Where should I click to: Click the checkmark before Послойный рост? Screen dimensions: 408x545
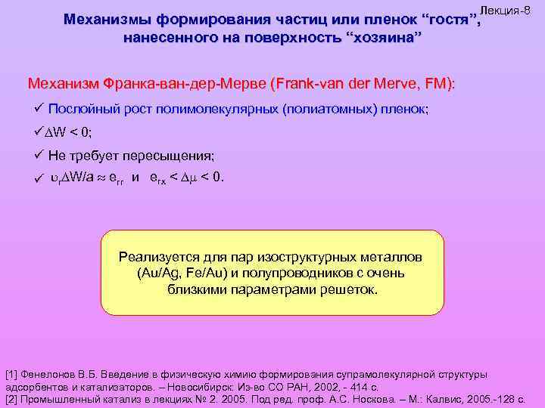(x=40, y=109)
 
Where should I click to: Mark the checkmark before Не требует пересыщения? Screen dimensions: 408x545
(x=40, y=155)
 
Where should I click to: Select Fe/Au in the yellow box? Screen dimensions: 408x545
(x=202, y=273)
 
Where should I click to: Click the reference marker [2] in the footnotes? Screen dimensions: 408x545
(x=11, y=397)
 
